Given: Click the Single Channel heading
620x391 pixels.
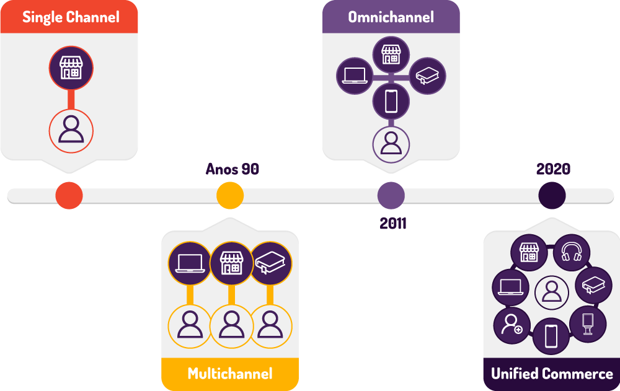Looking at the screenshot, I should [x=71, y=17].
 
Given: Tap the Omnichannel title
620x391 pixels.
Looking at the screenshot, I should [x=391, y=17].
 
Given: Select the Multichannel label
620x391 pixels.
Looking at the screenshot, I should [x=230, y=374].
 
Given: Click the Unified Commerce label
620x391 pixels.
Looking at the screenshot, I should [x=552, y=374].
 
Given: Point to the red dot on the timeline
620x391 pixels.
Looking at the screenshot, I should [x=69, y=196].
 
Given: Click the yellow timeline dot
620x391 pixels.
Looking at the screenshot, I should [x=230, y=196].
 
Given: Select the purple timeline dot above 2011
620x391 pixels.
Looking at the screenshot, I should [x=391, y=196].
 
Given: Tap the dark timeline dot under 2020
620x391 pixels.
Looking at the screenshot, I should [x=552, y=196].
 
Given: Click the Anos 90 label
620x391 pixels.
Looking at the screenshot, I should [x=232, y=169].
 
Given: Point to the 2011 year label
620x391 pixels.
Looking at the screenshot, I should [x=393, y=223].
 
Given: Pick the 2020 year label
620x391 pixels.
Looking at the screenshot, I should [x=553, y=169].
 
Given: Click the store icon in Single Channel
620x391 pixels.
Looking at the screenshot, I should [x=71, y=67].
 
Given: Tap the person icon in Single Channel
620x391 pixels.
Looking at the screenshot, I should [x=71, y=131].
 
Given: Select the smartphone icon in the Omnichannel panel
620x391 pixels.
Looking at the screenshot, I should [x=391, y=101].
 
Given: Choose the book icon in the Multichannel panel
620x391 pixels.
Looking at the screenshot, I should [x=270, y=262].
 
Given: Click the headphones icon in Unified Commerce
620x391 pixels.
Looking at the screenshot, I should [x=570, y=252].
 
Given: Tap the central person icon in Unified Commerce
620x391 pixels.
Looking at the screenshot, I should [x=551, y=291].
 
